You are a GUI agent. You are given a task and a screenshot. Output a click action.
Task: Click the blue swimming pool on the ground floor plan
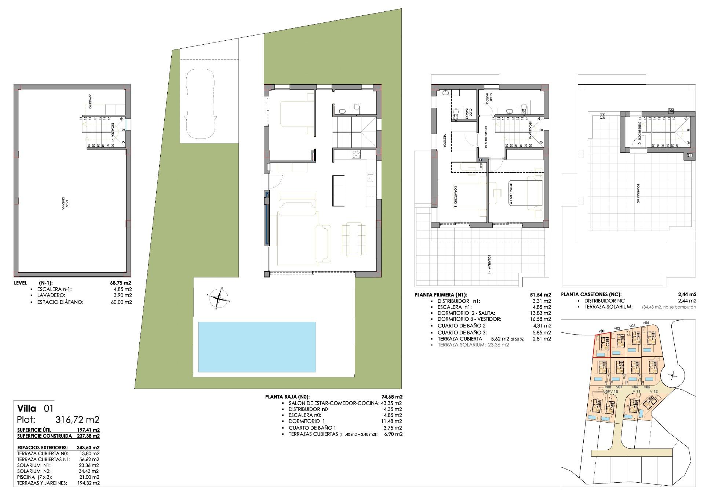pos(257,347)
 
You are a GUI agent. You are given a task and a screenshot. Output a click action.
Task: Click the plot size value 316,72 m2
pos(77,420)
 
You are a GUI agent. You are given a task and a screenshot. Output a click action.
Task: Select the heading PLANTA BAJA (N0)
pos(287,397)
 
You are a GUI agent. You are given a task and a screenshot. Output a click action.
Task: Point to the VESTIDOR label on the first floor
pos(445,140)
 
